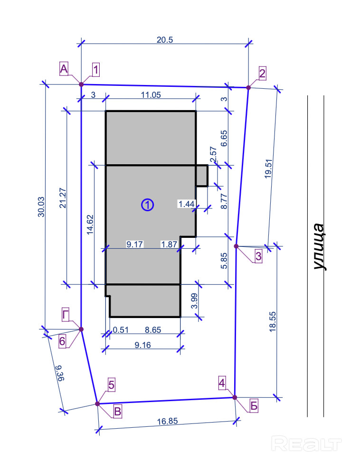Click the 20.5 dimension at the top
click(x=165, y=40)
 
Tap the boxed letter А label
click(x=64, y=69)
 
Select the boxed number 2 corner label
click(x=262, y=74)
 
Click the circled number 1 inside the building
click(x=148, y=205)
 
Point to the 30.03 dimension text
click(x=41, y=207)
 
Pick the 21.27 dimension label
click(x=63, y=198)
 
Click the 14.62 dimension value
click(x=90, y=225)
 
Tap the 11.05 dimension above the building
click(x=151, y=95)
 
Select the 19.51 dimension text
click(x=268, y=169)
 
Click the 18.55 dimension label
click(x=273, y=321)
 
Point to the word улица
click(x=318, y=247)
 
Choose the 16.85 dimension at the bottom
click(x=168, y=422)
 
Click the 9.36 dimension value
click(x=60, y=373)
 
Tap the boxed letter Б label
click(x=254, y=406)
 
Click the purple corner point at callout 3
click(x=236, y=246)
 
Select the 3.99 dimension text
click(x=194, y=301)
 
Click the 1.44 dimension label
click(x=187, y=204)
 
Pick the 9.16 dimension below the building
click(x=142, y=345)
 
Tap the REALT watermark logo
click(x=306, y=443)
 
